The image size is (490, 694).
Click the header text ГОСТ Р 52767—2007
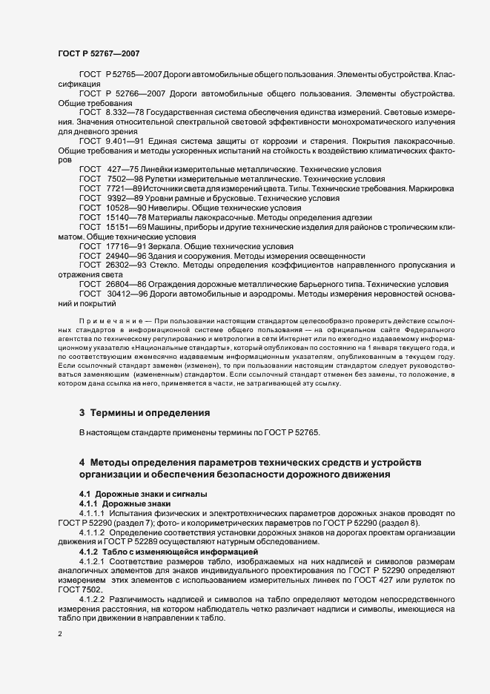click(98, 53)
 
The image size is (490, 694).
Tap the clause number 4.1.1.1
click(93, 513)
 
